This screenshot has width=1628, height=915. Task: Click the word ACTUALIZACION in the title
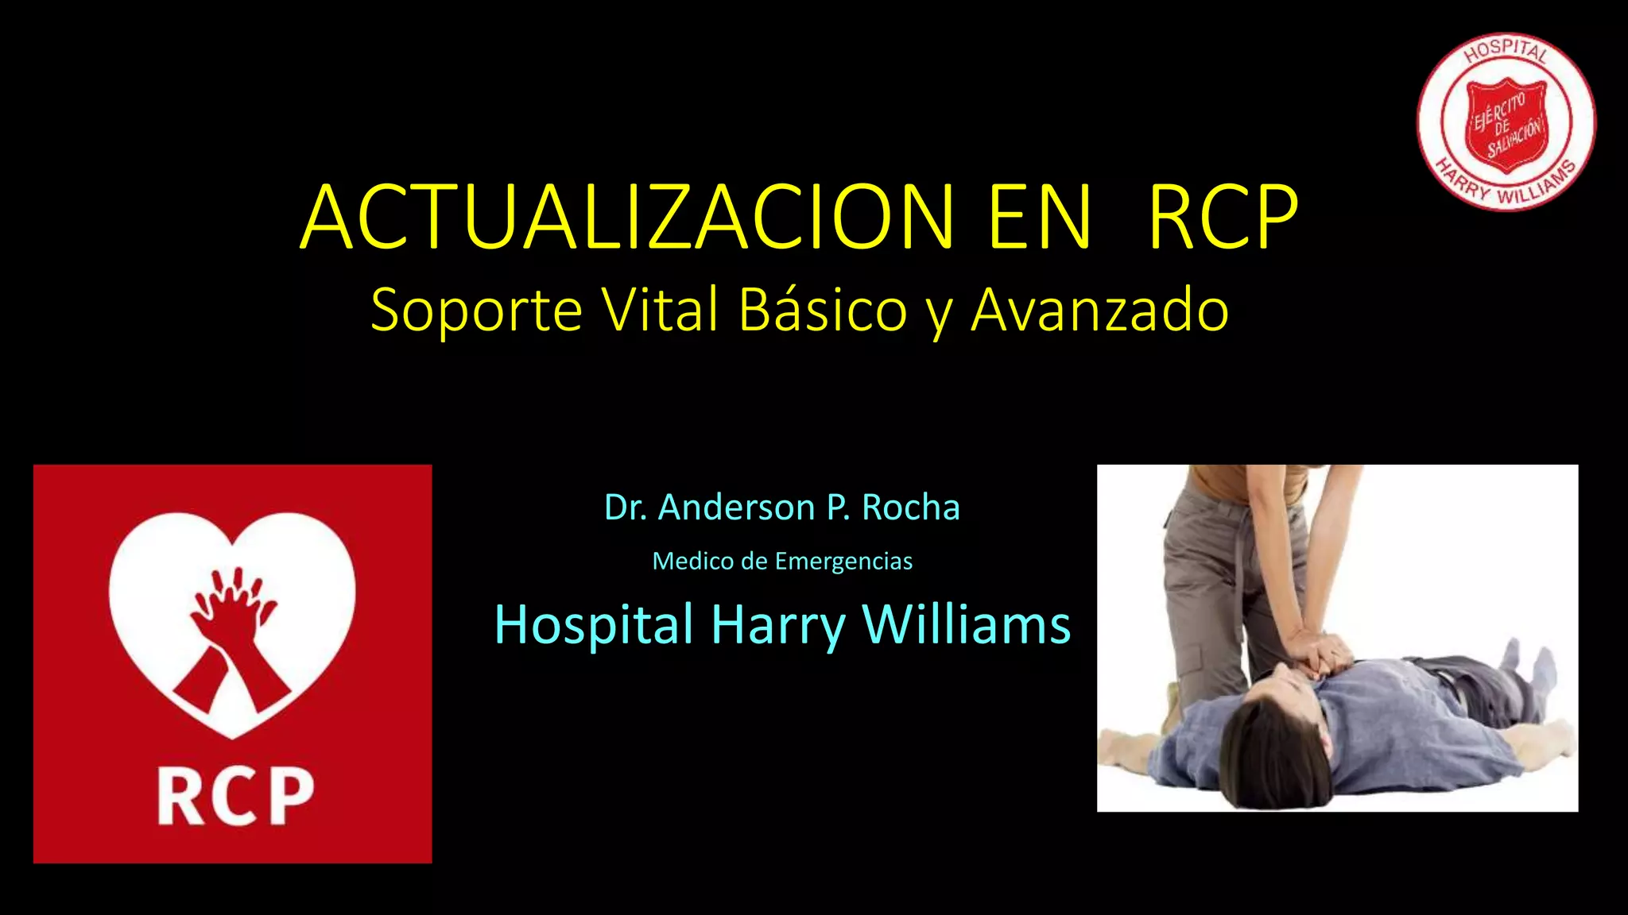point(627,218)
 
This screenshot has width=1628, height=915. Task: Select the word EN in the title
point(1040,218)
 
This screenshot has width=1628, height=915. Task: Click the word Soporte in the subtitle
point(476,310)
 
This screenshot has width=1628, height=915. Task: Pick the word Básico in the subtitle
point(823,310)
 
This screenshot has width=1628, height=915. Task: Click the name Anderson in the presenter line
point(736,508)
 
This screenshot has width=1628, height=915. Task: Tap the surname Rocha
point(911,508)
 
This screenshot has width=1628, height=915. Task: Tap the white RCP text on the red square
point(235,797)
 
